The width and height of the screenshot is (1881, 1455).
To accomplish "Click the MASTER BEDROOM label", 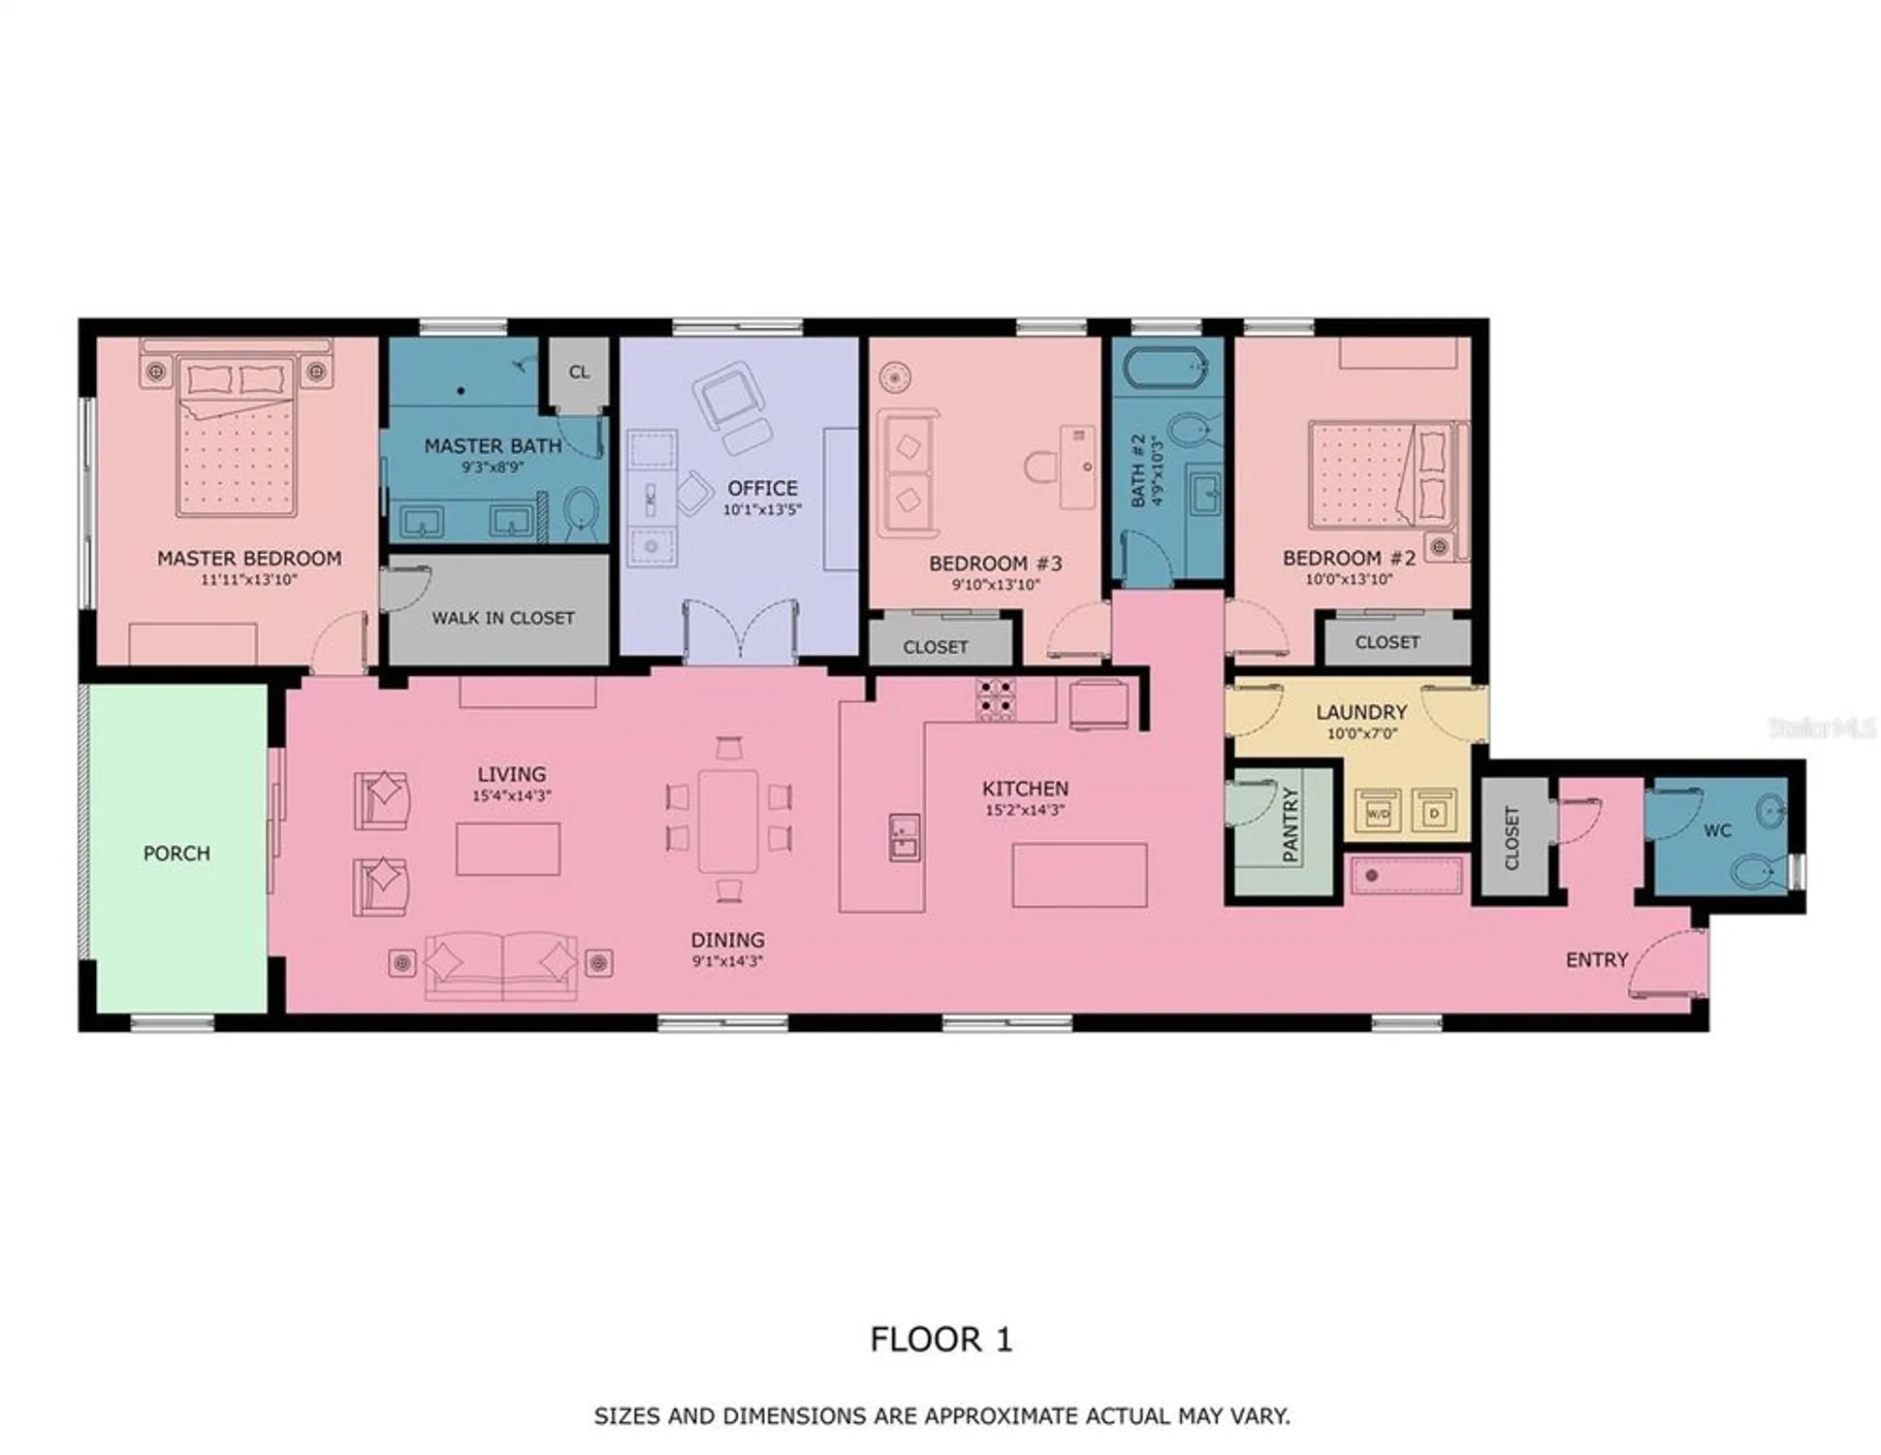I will (x=249, y=558).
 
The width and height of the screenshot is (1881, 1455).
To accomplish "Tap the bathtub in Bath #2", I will (x=1165, y=370).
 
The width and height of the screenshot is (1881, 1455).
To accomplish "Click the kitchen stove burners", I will (x=996, y=698).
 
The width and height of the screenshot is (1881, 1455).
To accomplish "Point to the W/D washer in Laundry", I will (x=1378, y=813).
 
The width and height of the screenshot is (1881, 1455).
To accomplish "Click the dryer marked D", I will (x=1434, y=813).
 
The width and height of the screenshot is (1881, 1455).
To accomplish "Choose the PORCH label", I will (x=176, y=854).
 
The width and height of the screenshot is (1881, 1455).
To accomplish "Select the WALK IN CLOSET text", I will (x=503, y=618).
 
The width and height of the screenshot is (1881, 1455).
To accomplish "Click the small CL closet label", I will (x=579, y=372).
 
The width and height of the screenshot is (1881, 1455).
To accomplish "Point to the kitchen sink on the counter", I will (x=904, y=837).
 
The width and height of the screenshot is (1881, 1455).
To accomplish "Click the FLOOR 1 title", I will (x=940, y=1340).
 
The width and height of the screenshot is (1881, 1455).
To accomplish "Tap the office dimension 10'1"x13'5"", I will (x=762, y=510).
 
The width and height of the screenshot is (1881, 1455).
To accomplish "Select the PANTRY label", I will (x=1291, y=824).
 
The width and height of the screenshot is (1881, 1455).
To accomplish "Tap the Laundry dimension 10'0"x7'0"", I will (x=1361, y=734).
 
